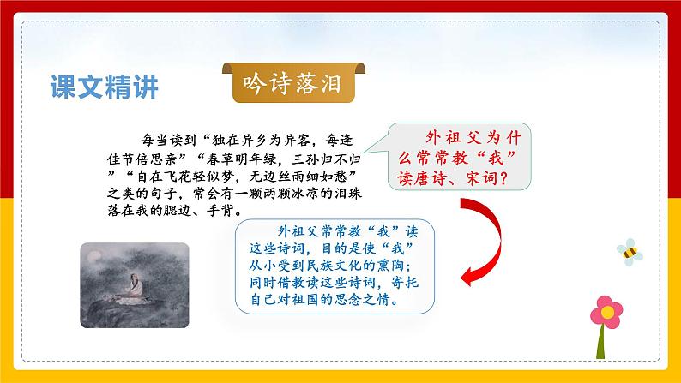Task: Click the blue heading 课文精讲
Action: click(105, 87)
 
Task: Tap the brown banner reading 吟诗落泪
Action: click(293, 83)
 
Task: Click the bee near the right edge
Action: click(630, 252)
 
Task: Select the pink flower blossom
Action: click(606, 312)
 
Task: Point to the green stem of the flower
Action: click(601, 343)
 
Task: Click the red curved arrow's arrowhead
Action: click(468, 276)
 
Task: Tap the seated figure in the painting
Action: click(135, 286)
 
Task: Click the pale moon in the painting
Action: click(93, 257)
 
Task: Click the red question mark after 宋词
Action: click(503, 178)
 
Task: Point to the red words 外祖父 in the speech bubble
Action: click(453, 138)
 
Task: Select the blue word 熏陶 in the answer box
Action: click(390, 265)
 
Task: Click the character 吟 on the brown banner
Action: click(254, 83)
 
